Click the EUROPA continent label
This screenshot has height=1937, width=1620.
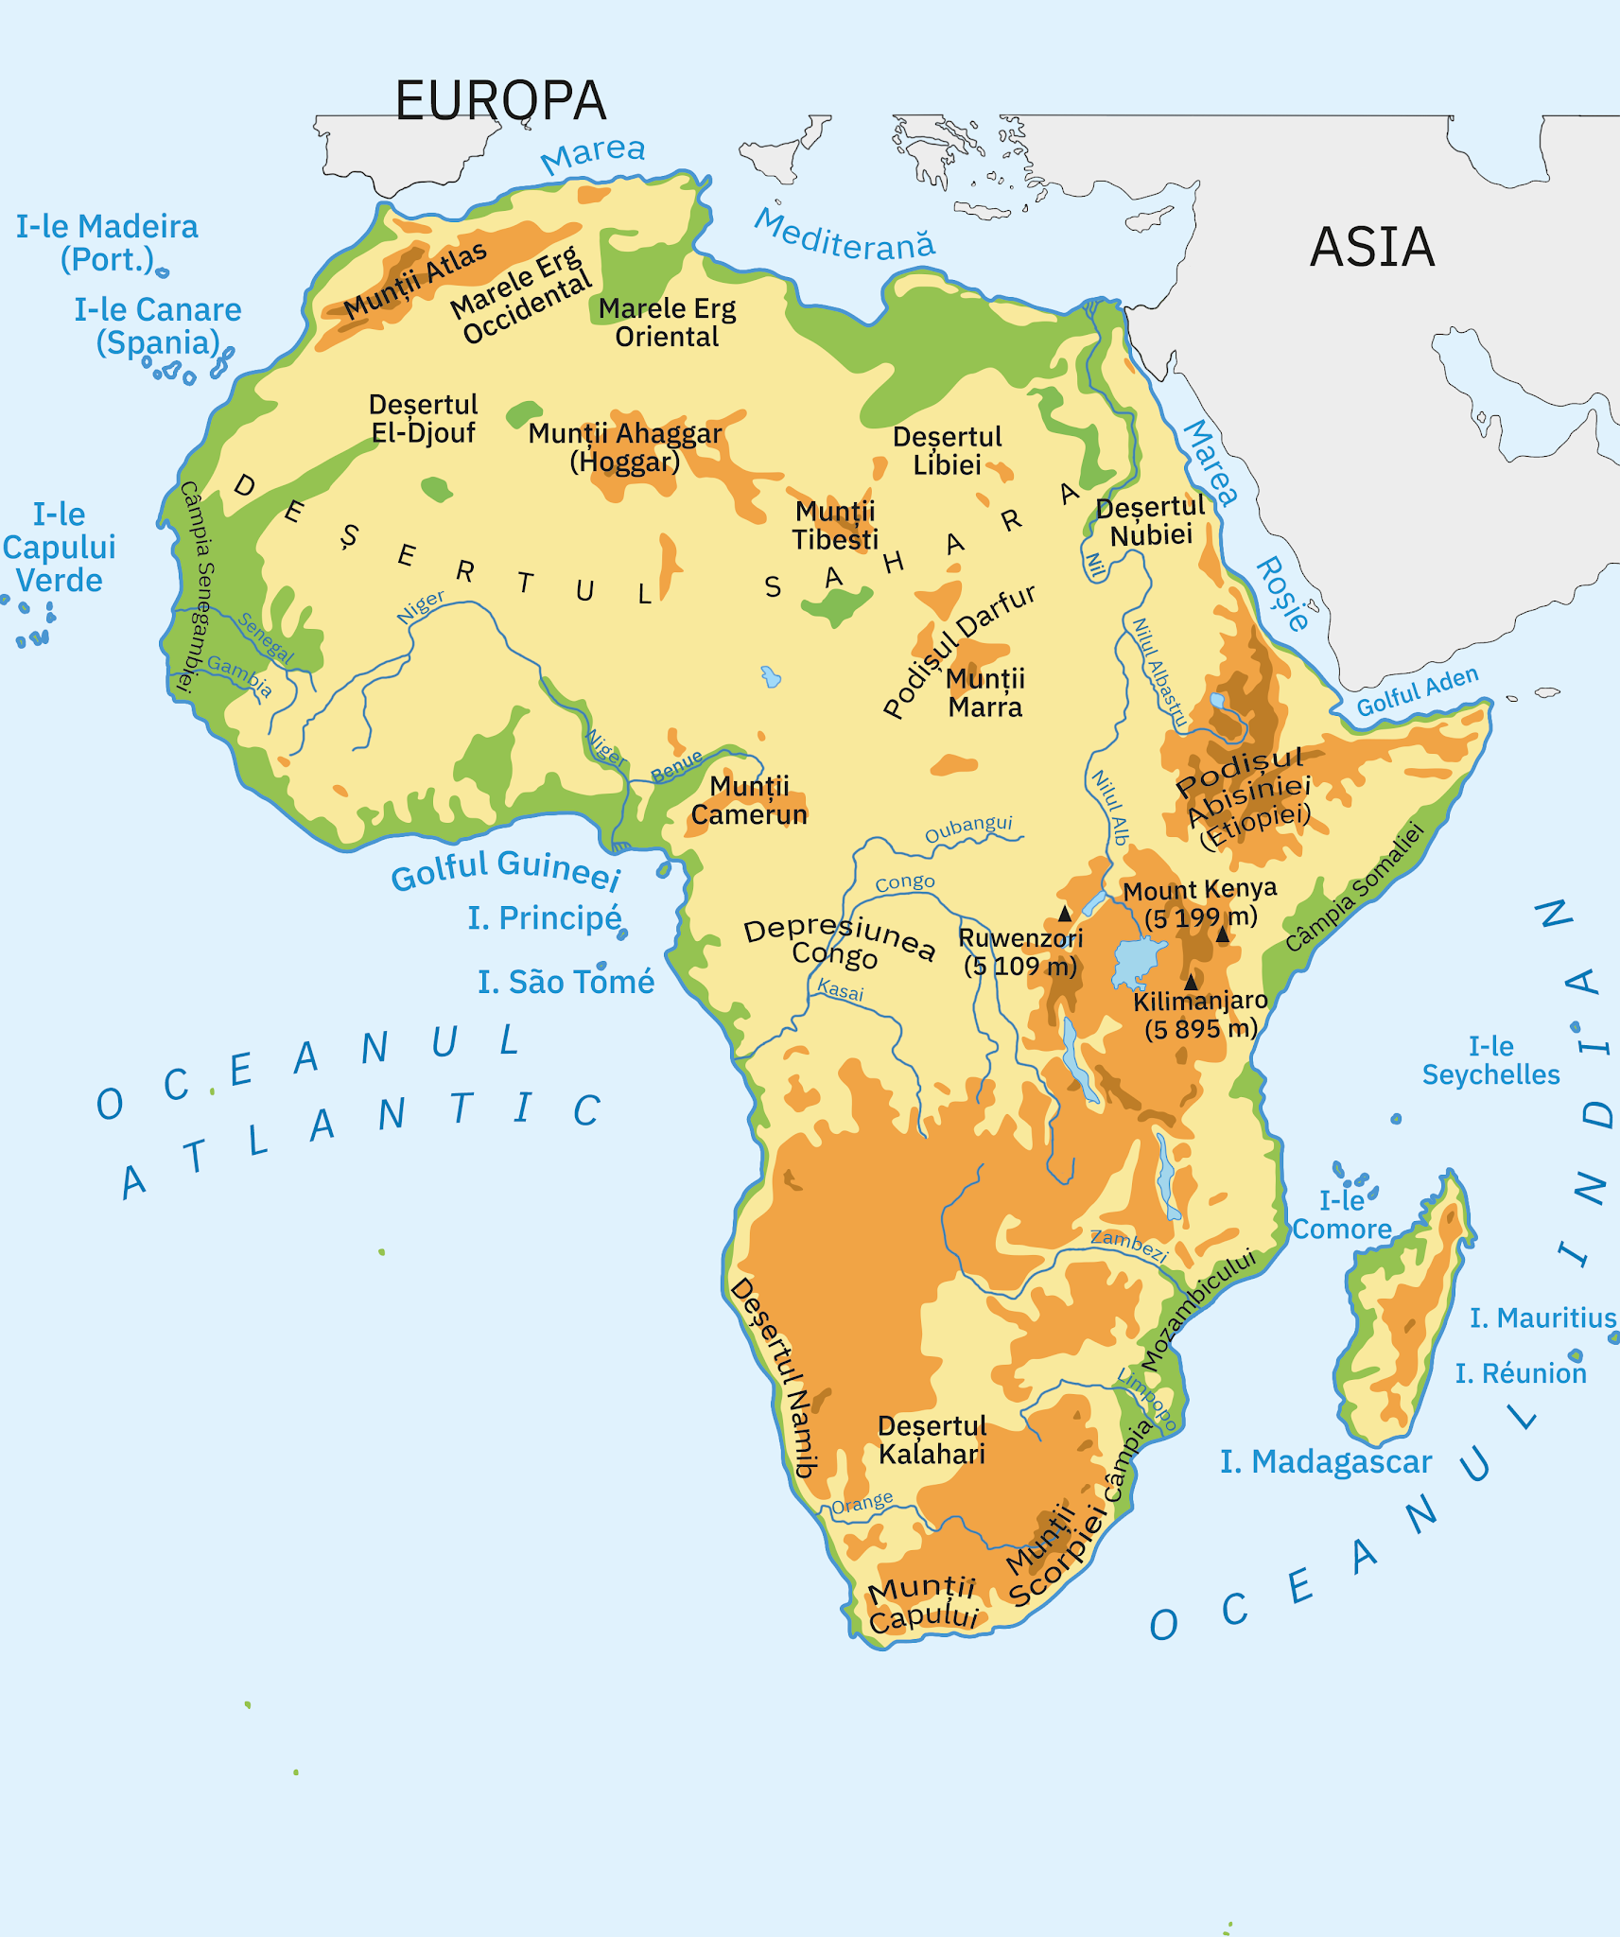[500, 101]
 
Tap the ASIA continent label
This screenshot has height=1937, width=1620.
[1371, 248]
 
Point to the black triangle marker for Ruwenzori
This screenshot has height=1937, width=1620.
[1065, 914]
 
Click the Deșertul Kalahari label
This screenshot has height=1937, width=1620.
[932, 1440]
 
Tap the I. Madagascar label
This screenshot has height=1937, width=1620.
[1325, 1462]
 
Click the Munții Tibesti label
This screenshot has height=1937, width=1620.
[835, 526]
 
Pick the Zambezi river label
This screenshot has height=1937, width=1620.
[1128, 1245]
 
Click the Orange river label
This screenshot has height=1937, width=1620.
[862, 1503]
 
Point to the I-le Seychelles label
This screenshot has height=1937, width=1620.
[1490, 1060]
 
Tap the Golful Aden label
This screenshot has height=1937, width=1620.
[1417, 691]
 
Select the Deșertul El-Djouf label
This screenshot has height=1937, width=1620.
[423, 419]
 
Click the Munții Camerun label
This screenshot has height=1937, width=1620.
[749, 800]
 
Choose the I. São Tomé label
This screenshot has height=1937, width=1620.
[566, 983]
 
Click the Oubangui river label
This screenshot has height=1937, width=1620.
[968, 829]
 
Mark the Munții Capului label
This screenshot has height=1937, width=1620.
[922, 1603]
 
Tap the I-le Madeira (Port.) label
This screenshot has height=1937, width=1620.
[107, 242]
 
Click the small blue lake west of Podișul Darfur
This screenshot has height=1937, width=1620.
[771, 676]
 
